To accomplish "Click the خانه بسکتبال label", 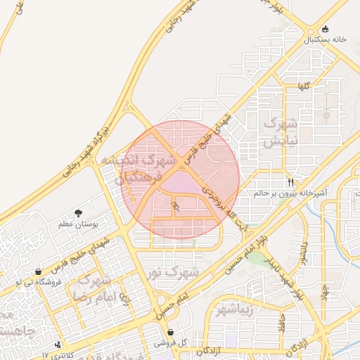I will click(326, 40).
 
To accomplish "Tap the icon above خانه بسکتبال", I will click(325, 30).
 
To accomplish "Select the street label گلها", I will click(304, 86).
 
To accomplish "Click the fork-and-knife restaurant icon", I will click(291, 181).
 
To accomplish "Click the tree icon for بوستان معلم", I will click(78, 213).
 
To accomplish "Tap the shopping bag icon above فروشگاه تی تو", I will click(37, 271).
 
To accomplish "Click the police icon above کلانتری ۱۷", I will click(58, 345).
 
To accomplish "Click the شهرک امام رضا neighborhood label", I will click(93, 288).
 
